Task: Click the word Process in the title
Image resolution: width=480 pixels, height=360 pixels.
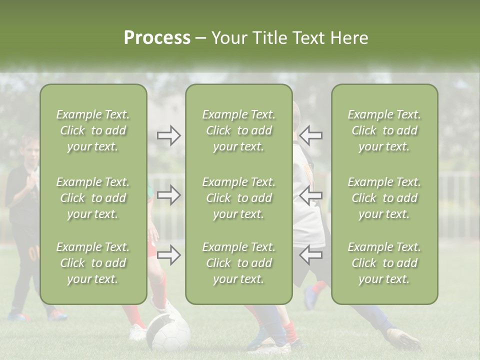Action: coord(157,38)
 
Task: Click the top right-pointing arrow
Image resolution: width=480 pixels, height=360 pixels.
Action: coord(168,135)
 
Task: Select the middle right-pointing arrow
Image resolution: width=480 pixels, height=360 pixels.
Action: coord(168,195)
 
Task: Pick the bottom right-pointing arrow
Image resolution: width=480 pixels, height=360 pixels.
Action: coord(168,255)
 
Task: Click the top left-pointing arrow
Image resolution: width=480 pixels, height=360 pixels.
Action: coord(310,135)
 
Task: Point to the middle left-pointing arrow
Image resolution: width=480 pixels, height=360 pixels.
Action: coord(310,195)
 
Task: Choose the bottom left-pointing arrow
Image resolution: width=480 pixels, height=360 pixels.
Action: coord(310,255)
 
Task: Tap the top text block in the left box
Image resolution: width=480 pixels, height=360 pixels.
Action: coord(93,130)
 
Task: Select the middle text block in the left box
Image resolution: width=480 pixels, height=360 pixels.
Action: coord(93,198)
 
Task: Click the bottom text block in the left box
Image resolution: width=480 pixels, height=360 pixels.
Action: coord(93,263)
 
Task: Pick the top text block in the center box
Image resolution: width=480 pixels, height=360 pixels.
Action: coord(238,130)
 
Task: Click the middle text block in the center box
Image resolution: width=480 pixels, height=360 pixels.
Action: coord(238,198)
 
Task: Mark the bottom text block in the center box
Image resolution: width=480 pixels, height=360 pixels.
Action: coord(238,263)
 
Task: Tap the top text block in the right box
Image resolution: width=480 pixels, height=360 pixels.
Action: coord(384,130)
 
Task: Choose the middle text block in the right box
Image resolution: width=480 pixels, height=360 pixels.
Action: coord(384,198)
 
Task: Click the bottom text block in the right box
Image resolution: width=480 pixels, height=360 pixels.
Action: coord(384,263)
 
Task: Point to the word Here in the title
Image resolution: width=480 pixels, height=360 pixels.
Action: coord(350,38)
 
